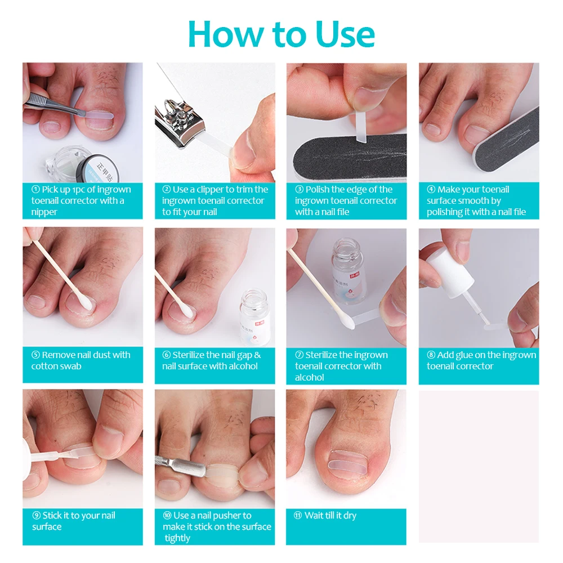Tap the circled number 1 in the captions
pyautogui.click(x=35, y=189)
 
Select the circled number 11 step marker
pyautogui.click(x=298, y=516)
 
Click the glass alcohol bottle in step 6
pyautogui.click(x=255, y=316)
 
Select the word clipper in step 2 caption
pyautogui.click(x=216, y=190)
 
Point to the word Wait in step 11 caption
pyautogui.click(x=314, y=515)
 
